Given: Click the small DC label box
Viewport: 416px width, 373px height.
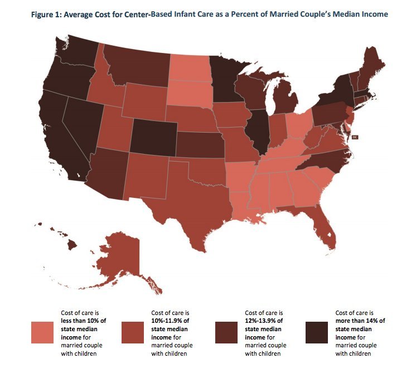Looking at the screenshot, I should (x=354, y=137).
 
